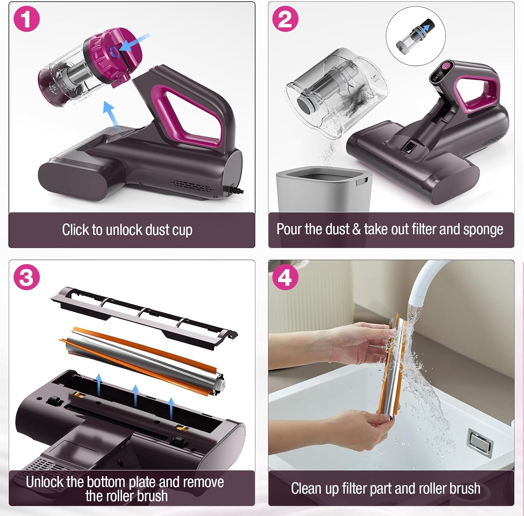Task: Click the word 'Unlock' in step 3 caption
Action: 45,482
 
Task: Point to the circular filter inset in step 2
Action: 415,36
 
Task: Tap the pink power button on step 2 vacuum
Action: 446,66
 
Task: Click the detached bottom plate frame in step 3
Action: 144,317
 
